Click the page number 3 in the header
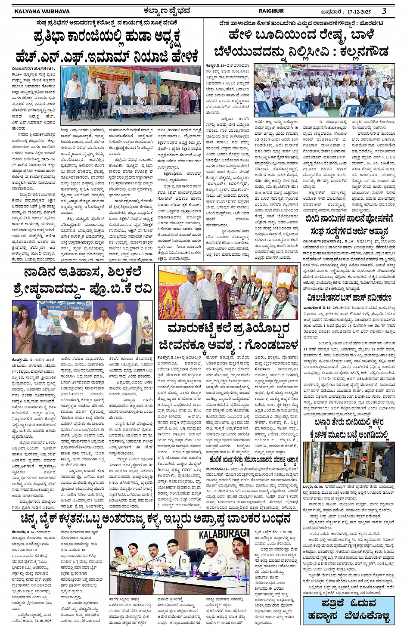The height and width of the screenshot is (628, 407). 384,10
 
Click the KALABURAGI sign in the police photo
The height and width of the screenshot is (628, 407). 224,534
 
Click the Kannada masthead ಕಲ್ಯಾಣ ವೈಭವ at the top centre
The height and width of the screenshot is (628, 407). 167,10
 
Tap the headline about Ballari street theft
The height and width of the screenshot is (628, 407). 349,428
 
